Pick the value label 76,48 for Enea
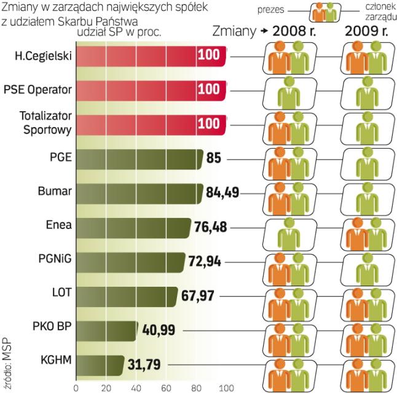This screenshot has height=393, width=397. [211, 228]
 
